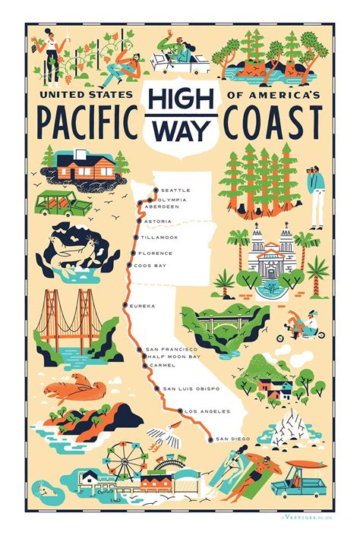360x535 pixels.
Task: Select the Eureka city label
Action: [x=143, y=306]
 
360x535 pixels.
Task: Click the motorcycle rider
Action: [x=306, y=328]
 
